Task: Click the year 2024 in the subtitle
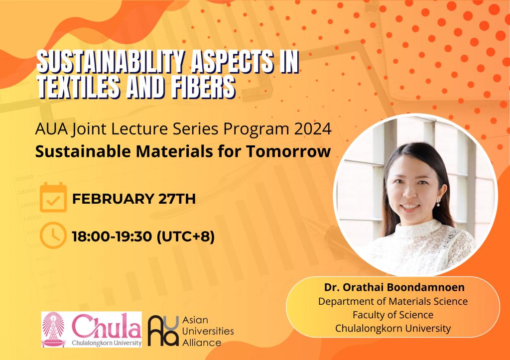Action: point(313,129)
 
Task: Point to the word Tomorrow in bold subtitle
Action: point(288,151)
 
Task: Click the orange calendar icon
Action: point(53,197)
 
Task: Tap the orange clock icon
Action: point(53,235)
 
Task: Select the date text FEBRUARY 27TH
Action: point(133,199)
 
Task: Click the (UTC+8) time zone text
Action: point(185,237)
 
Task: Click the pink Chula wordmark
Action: point(107,326)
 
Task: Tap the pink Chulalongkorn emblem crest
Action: point(53,329)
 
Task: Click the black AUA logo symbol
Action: point(163,331)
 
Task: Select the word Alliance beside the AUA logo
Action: point(202,343)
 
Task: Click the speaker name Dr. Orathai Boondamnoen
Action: point(394,287)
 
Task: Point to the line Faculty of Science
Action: point(393,315)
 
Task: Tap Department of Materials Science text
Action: point(393,301)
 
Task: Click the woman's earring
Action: point(438,203)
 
